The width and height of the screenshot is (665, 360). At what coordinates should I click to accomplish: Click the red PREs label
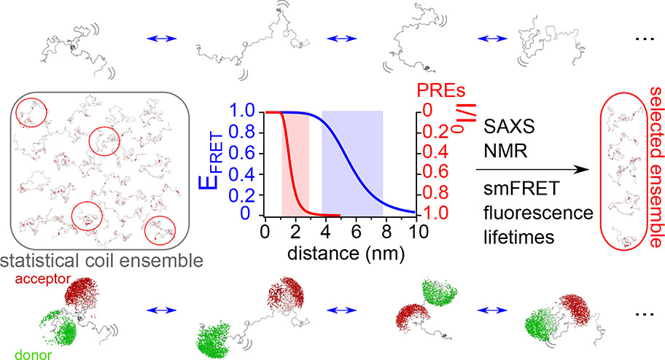(440, 93)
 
